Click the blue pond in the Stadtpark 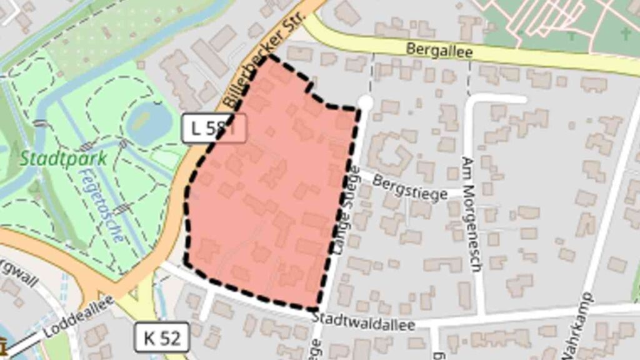pyautogui.click(x=148, y=122)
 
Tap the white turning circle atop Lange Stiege pyautogui.click(x=365, y=102)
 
